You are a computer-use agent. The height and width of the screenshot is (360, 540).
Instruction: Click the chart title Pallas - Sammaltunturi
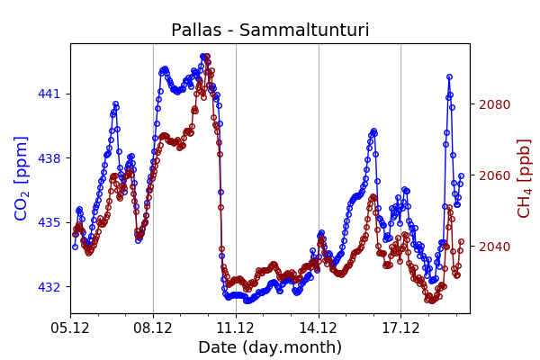pyautogui.click(x=270, y=31)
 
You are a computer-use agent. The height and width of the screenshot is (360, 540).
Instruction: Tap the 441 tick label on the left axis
pyautogui.click(x=49, y=94)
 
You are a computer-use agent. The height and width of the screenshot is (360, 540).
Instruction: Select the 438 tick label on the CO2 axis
pyautogui.click(x=49, y=158)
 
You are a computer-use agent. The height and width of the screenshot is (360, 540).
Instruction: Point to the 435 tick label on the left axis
pyautogui.click(x=49, y=222)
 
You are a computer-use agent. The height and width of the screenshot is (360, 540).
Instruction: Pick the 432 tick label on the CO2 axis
pyautogui.click(x=49, y=287)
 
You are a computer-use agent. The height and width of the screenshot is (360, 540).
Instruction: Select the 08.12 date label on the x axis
pyautogui.click(x=153, y=328)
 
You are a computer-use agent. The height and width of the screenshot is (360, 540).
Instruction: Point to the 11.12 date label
pyautogui.click(x=236, y=328)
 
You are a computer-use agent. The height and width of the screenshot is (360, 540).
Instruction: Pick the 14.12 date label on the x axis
pyautogui.click(x=319, y=328)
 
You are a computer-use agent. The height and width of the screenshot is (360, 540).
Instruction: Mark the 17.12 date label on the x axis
pyautogui.click(x=400, y=328)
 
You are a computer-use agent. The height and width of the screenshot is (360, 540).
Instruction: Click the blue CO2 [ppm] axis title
pyautogui.click(x=22, y=178)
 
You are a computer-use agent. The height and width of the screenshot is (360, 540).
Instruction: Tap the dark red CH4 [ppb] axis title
pyautogui.click(x=525, y=178)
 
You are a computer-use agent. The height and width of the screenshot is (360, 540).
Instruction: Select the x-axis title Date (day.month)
pyautogui.click(x=270, y=347)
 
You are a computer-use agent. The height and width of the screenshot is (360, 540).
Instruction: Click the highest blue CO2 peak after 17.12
pyautogui.click(x=449, y=77)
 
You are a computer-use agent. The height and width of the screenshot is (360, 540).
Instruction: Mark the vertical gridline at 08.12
pyautogui.click(x=153, y=225)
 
